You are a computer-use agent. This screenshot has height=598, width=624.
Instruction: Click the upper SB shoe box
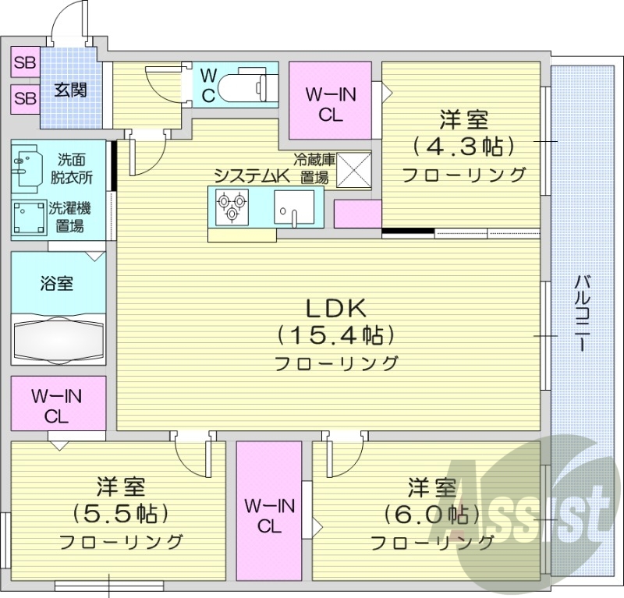tap(25, 63)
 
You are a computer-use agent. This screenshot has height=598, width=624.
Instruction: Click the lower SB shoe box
tap(25, 98)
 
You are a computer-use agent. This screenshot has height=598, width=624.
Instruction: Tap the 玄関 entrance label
tap(70, 89)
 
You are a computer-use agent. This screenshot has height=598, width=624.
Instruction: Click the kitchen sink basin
tap(294, 207)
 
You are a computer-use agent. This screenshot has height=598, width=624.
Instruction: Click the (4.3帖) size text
tap(464, 147)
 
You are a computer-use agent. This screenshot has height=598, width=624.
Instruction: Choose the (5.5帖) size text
tap(121, 513)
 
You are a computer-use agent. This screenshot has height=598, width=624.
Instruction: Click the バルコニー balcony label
tap(582, 313)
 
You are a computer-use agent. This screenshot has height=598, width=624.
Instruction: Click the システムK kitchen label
tap(251, 175)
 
